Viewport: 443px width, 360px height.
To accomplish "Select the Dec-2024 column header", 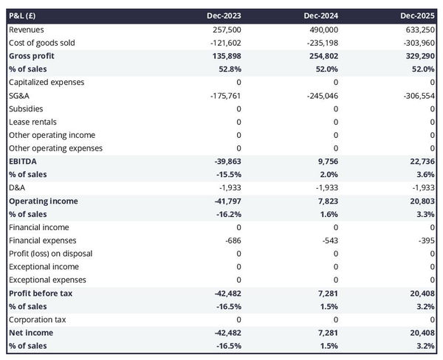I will coord(320,15).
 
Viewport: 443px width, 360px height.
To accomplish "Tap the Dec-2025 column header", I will coord(417,15).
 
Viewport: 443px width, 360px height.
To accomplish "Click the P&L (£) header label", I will coord(25,15).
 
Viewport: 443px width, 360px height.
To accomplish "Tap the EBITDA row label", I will coord(23,162).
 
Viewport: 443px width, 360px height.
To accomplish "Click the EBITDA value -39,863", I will coord(225,162).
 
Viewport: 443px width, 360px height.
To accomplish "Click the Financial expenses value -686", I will coord(231,240).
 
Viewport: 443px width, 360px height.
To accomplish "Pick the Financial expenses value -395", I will coord(426,240).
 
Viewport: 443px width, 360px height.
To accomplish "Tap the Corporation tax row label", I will coord(37,319).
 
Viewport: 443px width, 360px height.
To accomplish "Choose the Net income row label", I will coord(31,333).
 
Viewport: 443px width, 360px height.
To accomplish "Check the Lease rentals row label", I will coord(32,122).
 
